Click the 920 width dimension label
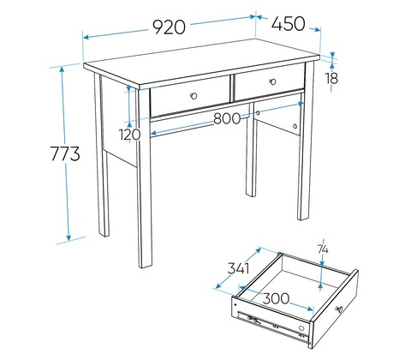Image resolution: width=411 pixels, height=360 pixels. [x=170, y=27]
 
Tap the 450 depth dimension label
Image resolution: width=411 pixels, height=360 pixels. [x=288, y=23]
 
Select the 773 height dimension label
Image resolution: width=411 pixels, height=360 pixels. [x=65, y=153]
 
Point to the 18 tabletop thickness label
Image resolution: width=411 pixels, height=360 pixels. [x=332, y=78]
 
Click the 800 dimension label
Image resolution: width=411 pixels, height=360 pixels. [x=227, y=118]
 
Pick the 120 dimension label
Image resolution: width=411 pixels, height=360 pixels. [x=130, y=135]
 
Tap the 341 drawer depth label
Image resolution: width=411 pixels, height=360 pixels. [x=239, y=268]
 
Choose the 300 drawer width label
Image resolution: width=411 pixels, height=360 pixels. [x=276, y=298]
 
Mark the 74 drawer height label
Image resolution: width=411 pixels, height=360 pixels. [x=323, y=249]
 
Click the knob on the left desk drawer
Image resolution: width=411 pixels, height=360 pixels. [x=194, y=96]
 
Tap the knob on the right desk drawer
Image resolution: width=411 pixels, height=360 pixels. [x=273, y=81]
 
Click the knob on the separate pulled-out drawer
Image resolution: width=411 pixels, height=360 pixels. [x=339, y=309]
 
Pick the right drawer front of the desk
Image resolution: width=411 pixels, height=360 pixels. [x=269, y=82]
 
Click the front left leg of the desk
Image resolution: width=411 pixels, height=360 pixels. [x=144, y=178]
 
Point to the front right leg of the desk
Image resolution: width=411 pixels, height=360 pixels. [x=306, y=140]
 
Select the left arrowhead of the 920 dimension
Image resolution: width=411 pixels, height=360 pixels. [x=86, y=37]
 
